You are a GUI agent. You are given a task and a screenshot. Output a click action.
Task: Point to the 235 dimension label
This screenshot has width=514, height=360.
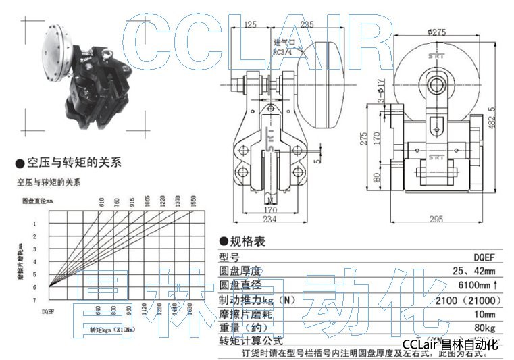307,25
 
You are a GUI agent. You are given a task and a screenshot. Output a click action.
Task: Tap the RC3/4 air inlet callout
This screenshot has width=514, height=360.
282,50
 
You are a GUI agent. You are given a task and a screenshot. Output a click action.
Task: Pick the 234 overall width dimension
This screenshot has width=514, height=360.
269,220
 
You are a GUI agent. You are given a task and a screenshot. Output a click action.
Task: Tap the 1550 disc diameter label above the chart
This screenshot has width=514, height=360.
192,201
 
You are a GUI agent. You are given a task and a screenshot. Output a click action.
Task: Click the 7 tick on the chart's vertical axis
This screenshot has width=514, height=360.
35,299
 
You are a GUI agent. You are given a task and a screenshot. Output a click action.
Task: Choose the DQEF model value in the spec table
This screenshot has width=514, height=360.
483,257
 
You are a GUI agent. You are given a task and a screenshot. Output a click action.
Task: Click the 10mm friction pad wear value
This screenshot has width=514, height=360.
484,314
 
